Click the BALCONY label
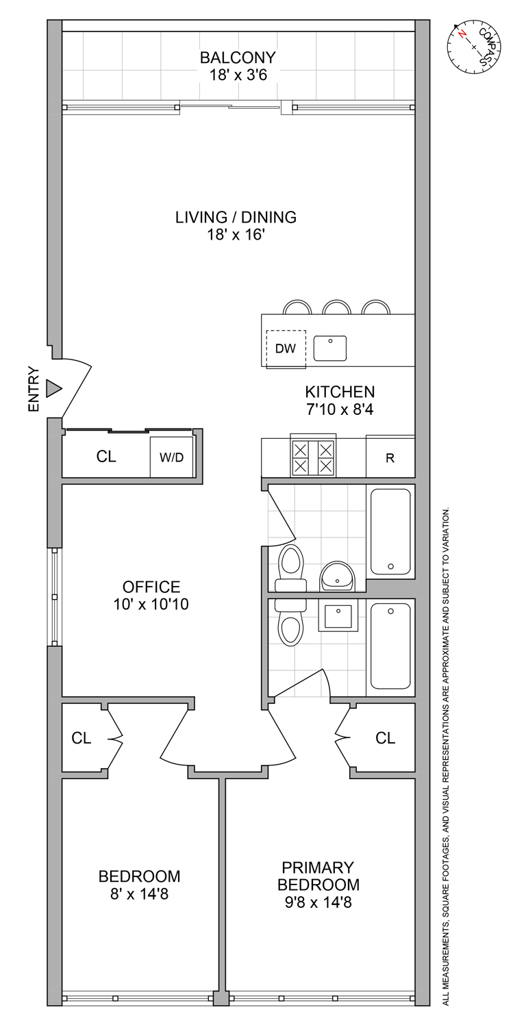coord(238,57)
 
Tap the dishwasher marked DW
coord(286,348)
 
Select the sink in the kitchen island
coord(330,348)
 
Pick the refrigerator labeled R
coord(390,458)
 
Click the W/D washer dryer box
coord(172,457)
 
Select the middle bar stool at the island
coord(337,307)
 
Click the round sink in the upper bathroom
coord(337,576)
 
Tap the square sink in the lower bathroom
coord(338,618)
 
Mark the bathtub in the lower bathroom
coord(390,647)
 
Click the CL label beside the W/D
coord(106,457)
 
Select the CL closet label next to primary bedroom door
coord(386,737)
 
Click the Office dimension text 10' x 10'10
coord(151,605)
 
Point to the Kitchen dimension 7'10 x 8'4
coord(340,410)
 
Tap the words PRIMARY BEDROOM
coord(318,875)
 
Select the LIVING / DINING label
coord(236,217)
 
